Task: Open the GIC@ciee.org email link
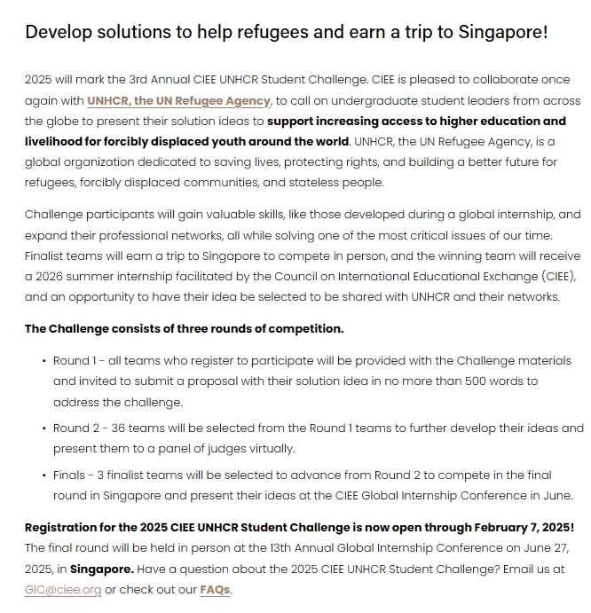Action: (62, 589)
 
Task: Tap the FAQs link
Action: (214, 589)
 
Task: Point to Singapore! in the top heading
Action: (503, 33)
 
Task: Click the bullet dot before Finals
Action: (44, 475)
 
